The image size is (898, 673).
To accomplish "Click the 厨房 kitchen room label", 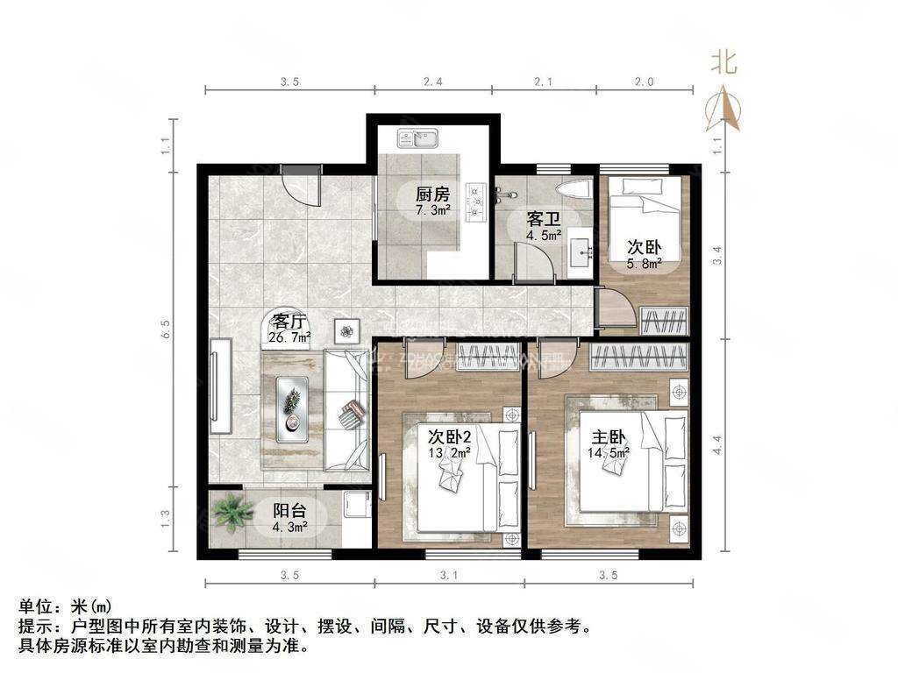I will point(432,195).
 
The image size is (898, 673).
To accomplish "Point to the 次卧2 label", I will point(449,436).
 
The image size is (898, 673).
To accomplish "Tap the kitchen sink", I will point(417,138).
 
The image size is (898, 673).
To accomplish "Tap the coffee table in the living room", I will point(292,408).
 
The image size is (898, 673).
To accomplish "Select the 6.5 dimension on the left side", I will point(167,329).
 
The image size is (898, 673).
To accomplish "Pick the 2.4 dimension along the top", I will point(433,81).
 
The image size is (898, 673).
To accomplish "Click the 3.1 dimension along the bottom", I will point(450,576).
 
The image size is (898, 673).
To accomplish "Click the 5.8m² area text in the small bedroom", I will point(643,262).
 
